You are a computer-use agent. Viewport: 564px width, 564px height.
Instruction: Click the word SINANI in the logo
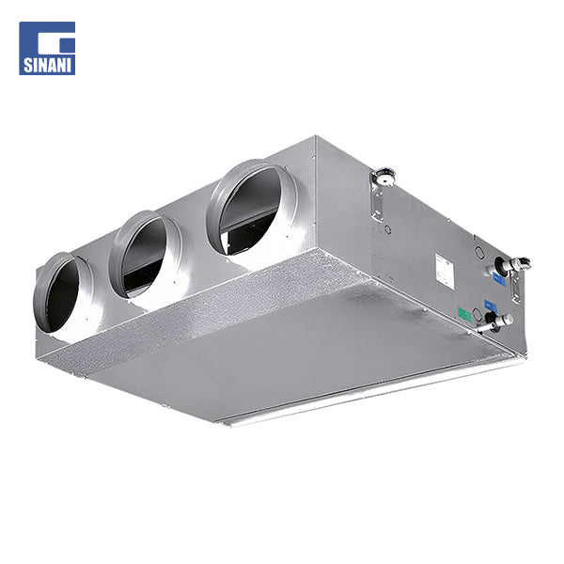[47, 65]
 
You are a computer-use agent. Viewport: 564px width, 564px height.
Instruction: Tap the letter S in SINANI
[28, 65]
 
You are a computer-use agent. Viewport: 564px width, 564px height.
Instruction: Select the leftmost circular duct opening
[59, 292]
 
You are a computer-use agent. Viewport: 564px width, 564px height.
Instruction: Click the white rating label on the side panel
[444, 270]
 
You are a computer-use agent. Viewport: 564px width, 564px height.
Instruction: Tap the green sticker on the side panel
[463, 314]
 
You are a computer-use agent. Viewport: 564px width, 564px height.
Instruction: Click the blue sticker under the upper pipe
[499, 279]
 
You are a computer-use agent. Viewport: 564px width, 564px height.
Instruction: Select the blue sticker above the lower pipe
[491, 305]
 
